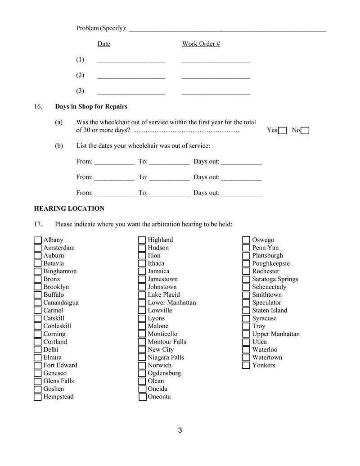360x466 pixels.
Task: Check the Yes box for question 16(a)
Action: pyautogui.click(x=283, y=131)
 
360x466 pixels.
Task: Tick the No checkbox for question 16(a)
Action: pyautogui.click(x=305, y=131)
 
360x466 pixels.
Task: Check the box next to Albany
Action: pyautogui.click(x=38, y=240)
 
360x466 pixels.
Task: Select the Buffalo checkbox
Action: pyautogui.click(x=38, y=295)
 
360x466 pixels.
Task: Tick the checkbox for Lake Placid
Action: pyautogui.click(x=142, y=295)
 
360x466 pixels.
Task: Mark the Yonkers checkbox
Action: pyautogui.click(x=246, y=366)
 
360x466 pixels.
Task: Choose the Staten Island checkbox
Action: pyautogui.click(x=246, y=311)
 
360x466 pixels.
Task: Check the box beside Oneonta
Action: pyautogui.click(x=142, y=397)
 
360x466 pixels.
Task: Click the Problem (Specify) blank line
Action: pyautogui.click(x=227, y=29)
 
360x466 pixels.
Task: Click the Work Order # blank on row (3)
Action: pyautogui.click(x=216, y=92)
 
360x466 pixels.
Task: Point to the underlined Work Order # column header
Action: pyautogui.click(x=201, y=44)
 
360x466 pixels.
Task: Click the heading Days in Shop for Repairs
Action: pyautogui.click(x=91, y=107)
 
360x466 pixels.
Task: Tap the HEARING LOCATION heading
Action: pyautogui.click(x=69, y=208)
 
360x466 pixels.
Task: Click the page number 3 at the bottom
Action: pyautogui.click(x=180, y=430)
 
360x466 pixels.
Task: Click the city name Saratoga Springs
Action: pyautogui.click(x=275, y=279)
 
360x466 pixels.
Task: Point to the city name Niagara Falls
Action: pyautogui.click(x=166, y=357)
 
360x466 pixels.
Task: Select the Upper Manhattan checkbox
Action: pyautogui.click(x=246, y=334)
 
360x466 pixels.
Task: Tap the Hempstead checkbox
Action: pyautogui.click(x=38, y=397)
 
